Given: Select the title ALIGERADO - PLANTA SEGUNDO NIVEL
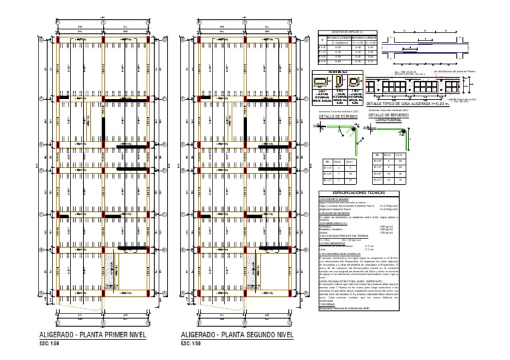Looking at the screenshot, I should coord(236,335).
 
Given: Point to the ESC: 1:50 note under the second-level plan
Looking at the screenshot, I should coord(190,344).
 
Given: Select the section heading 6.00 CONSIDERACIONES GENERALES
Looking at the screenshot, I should coord(344,253).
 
